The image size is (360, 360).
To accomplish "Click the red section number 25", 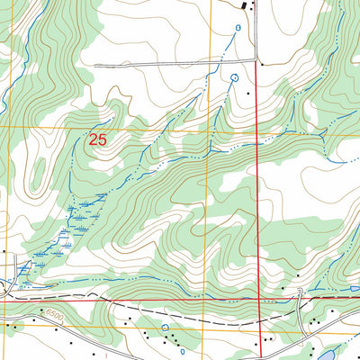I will [100, 139].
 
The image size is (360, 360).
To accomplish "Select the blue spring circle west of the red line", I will [235, 77].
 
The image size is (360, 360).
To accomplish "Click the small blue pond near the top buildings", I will [238, 29].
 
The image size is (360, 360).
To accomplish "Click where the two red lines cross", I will [261, 301].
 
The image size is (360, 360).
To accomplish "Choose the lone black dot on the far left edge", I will [4, 251].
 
